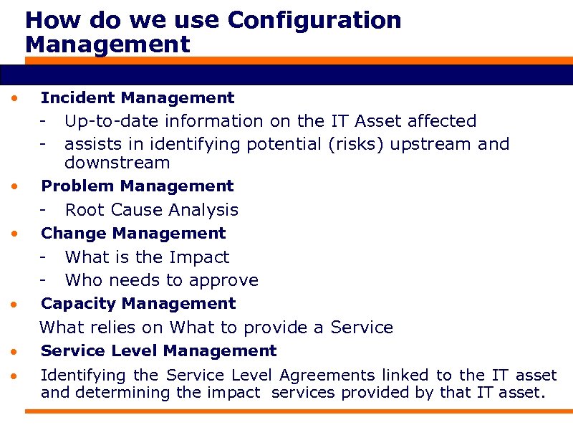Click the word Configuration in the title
(x=314, y=20)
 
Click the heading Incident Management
(x=138, y=97)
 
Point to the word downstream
(x=117, y=163)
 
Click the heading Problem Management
(x=138, y=186)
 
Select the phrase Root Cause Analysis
(x=151, y=210)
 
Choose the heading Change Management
(x=133, y=234)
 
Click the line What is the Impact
(x=147, y=257)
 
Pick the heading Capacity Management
(x=138, y=304)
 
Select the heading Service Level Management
(x=158, y=351)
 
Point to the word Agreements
(x=327, y=375)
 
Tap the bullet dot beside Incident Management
(x=14, y=98)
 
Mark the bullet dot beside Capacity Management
(x=14, y=305)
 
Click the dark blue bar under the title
(x=286, y=75)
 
